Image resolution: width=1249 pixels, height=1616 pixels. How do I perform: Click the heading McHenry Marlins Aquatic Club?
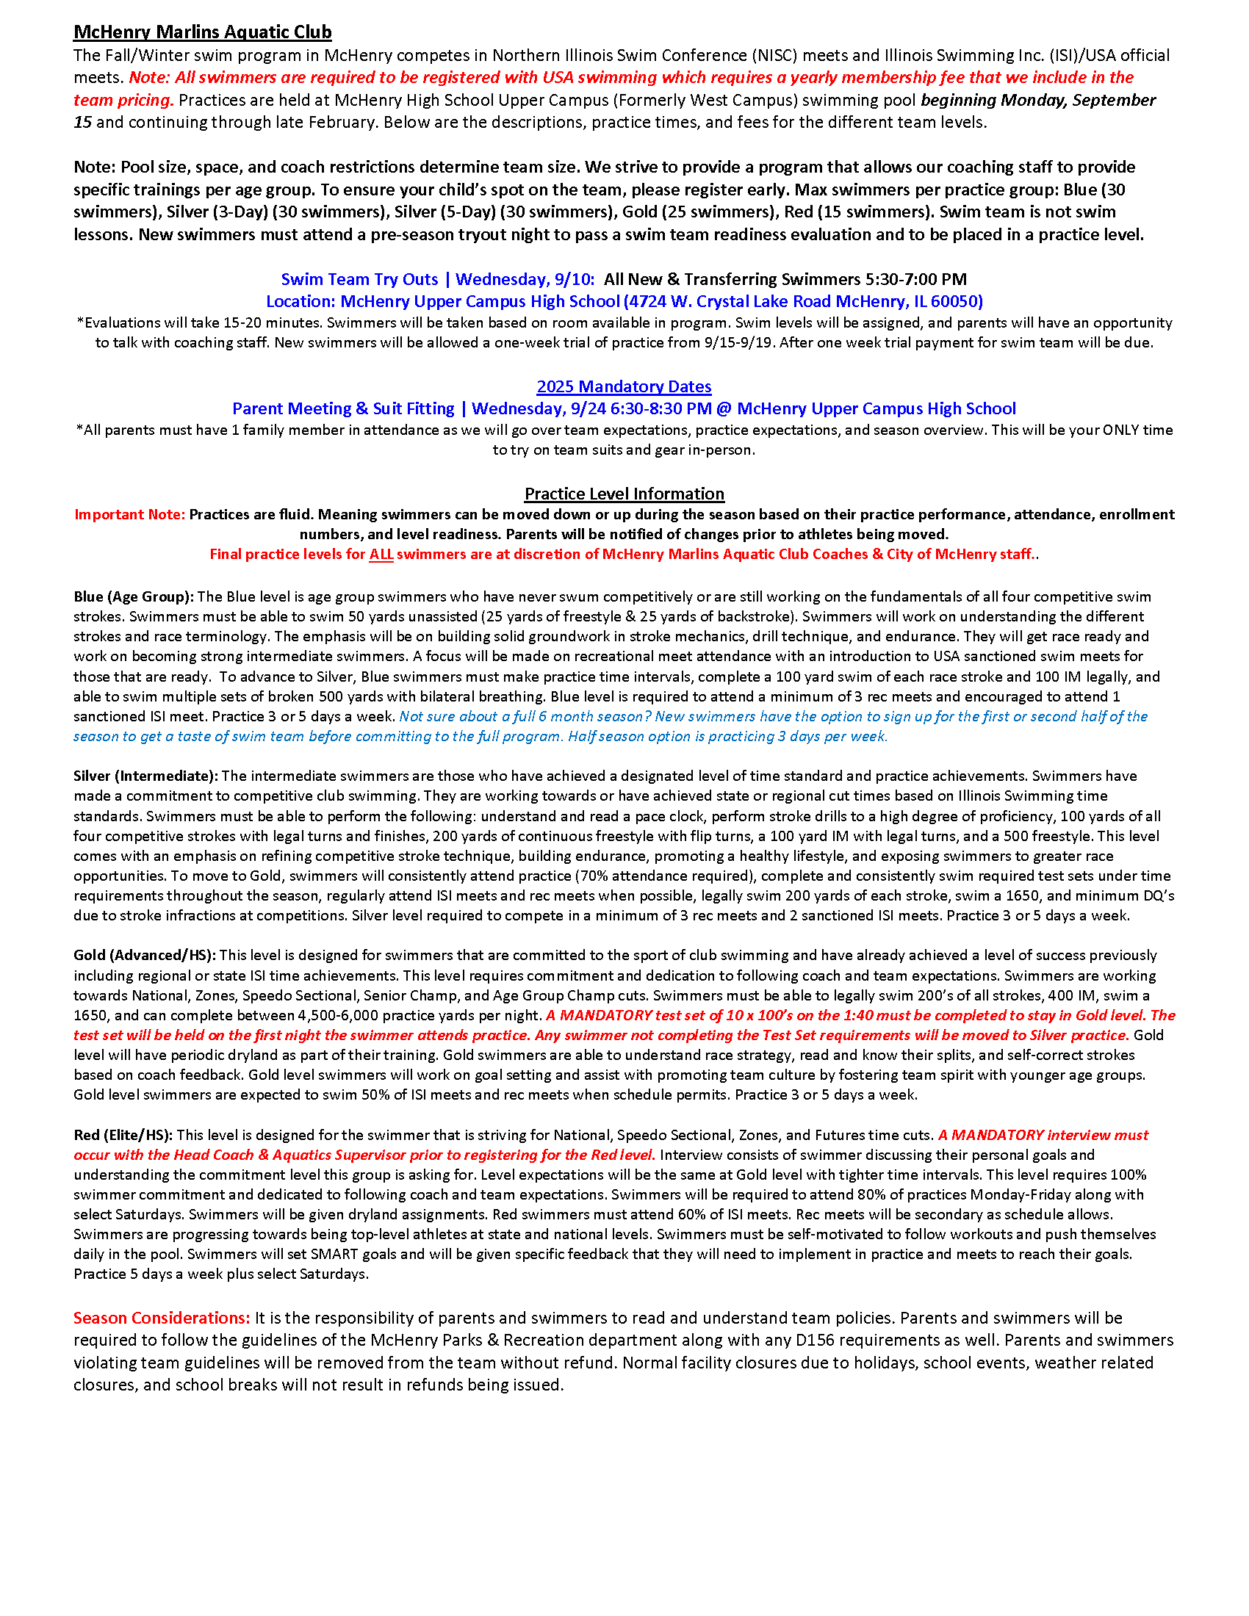(202, 32)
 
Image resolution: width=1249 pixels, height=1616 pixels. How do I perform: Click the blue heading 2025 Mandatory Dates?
(624, 386)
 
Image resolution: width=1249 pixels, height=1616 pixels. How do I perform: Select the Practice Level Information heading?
(624, 494)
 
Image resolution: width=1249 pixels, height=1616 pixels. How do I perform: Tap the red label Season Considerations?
(162, 1318)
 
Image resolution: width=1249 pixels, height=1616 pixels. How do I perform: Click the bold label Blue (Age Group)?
(133, 596)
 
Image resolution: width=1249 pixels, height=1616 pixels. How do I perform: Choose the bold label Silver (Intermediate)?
(145, 776)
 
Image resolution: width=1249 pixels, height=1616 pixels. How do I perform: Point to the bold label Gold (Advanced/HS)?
(144, 955)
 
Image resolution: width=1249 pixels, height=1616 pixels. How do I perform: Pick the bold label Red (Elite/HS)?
(123, 1135)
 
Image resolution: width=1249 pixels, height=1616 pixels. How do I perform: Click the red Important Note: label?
(129, 514)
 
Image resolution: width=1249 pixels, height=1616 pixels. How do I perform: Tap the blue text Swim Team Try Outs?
(359, 279)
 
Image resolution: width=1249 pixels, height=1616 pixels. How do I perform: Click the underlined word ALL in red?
(381, 554)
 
